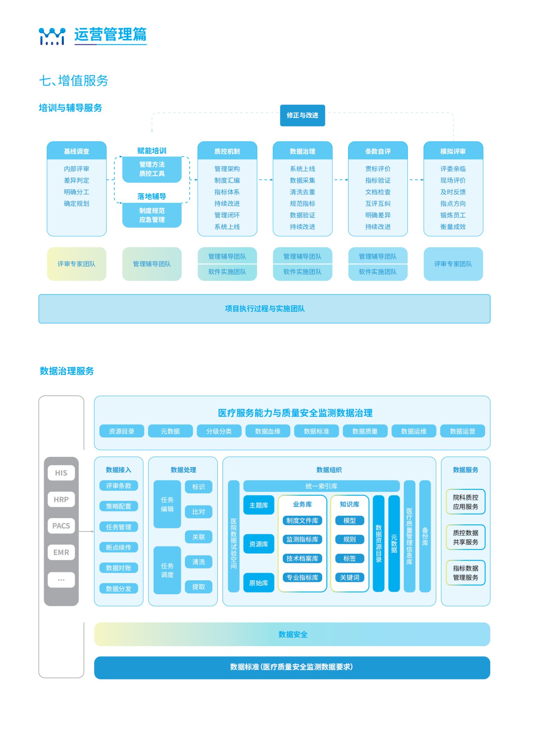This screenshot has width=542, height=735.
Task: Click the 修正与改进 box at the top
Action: click(x=302, y=115)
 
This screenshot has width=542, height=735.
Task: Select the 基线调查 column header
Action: click(x=76, y=151)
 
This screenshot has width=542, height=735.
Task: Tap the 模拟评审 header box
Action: click(x=453, y=151)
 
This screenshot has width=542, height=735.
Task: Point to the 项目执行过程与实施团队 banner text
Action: click(x=264, y=308)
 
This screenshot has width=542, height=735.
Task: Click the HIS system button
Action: click(x=61, y=472)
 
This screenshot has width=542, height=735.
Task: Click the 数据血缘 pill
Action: click(x=267, y=431)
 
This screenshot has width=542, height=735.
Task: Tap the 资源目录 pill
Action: click(x=121, y=431)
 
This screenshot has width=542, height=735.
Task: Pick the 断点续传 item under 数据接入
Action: click(x=118, y=547)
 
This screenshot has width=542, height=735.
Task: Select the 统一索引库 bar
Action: click(x=321, y=486)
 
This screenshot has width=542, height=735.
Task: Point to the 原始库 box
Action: click(x=258, y=582)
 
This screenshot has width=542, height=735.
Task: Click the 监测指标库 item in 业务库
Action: click(x=302, y=539)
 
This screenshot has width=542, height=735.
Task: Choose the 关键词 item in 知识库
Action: click(x=349, y=577)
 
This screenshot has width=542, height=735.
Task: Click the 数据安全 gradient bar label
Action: click(x=293, y=634)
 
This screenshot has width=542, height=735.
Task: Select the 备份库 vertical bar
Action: click(x=425, y=536)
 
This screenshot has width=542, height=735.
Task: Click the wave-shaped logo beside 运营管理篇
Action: click(x=52, y=36)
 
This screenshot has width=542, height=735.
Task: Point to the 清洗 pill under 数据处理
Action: click(x=198, y=561)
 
